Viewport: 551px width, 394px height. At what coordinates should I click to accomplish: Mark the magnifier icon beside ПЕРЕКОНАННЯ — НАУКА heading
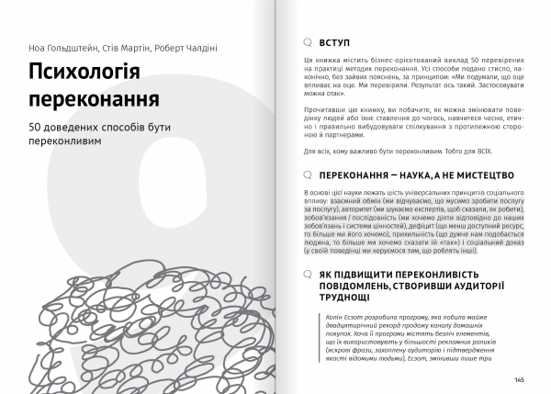(309, 173)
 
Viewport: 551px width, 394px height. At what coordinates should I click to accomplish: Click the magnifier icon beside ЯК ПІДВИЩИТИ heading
(309, 274)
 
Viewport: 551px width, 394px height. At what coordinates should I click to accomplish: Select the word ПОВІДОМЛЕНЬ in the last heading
(362, 286)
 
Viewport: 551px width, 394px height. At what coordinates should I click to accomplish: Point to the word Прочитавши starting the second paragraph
(322, 108)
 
